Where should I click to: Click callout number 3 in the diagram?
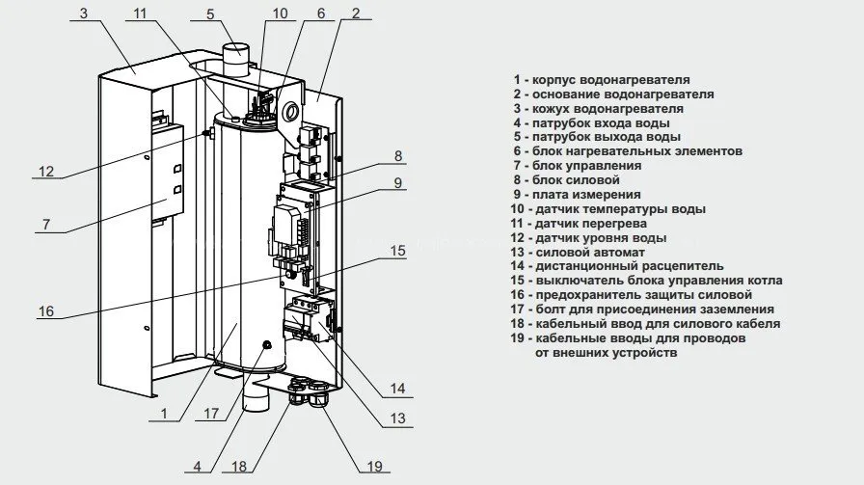click(84, 13)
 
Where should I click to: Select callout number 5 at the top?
click(210, 13)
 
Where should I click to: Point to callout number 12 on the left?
click(46, 173)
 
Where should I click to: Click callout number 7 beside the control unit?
click(46, 225)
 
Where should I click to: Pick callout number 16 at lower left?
click(46, 311)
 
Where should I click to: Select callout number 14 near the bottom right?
click(397, 390)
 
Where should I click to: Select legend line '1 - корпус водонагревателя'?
click(602, 80)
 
